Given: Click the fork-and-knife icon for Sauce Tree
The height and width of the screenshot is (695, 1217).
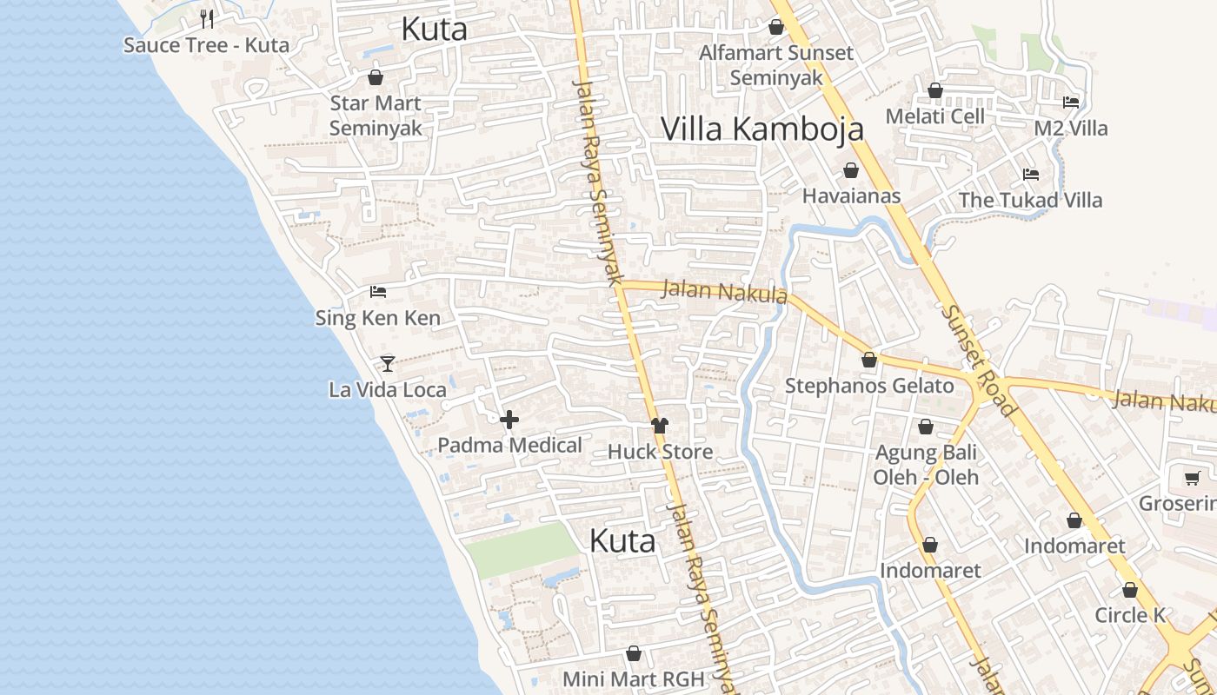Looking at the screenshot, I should pos(207,18).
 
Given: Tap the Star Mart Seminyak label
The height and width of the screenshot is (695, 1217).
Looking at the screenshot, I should pos(376,116).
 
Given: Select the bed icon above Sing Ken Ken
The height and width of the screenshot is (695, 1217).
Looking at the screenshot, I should pos(377,291).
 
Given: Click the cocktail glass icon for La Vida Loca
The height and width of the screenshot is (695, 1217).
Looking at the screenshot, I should pos(388,363).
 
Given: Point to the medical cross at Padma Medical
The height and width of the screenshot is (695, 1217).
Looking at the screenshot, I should pos(509,420).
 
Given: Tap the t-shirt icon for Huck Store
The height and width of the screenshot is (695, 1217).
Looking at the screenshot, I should pos(660,425).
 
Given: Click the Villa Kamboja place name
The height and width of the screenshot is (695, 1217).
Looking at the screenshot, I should pos(761,129).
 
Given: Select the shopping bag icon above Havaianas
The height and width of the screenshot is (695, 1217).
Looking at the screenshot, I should pos(850,170).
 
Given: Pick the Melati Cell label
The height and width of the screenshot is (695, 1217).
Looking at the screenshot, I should pos(934,116).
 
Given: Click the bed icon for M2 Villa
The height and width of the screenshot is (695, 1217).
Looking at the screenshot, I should pos(1071,102).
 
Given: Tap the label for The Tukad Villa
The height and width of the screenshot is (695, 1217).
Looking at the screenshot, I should pos(1030,201).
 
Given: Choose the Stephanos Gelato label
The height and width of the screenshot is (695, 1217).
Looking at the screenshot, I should pos(869,386).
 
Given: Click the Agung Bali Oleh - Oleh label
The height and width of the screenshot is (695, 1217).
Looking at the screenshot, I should pos(926,465).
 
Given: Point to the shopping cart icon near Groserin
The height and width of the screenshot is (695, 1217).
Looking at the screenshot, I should pos(1192,478).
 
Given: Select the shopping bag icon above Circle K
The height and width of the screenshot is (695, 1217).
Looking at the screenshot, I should pos(1129,590).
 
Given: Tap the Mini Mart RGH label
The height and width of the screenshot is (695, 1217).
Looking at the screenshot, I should pos(633,678).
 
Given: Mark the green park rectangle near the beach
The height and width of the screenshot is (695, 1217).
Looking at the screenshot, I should pos(522,550).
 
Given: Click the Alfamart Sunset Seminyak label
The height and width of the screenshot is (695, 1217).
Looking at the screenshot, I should pos(776,65).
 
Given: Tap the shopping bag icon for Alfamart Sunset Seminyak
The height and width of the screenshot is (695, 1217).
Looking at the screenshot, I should pos(776,27).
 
